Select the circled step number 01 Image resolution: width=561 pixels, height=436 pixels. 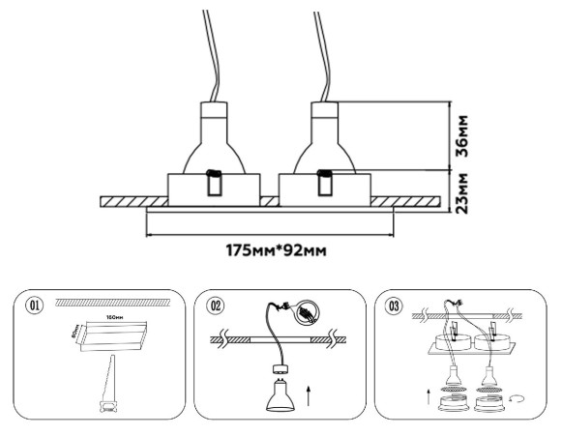(36, 307)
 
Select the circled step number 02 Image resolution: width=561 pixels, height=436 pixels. (217, 307)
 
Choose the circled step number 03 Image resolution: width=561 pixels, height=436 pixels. (394, 307)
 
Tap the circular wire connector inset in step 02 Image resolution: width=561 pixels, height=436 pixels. (308, 314)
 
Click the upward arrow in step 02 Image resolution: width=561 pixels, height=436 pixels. (308, 393)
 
